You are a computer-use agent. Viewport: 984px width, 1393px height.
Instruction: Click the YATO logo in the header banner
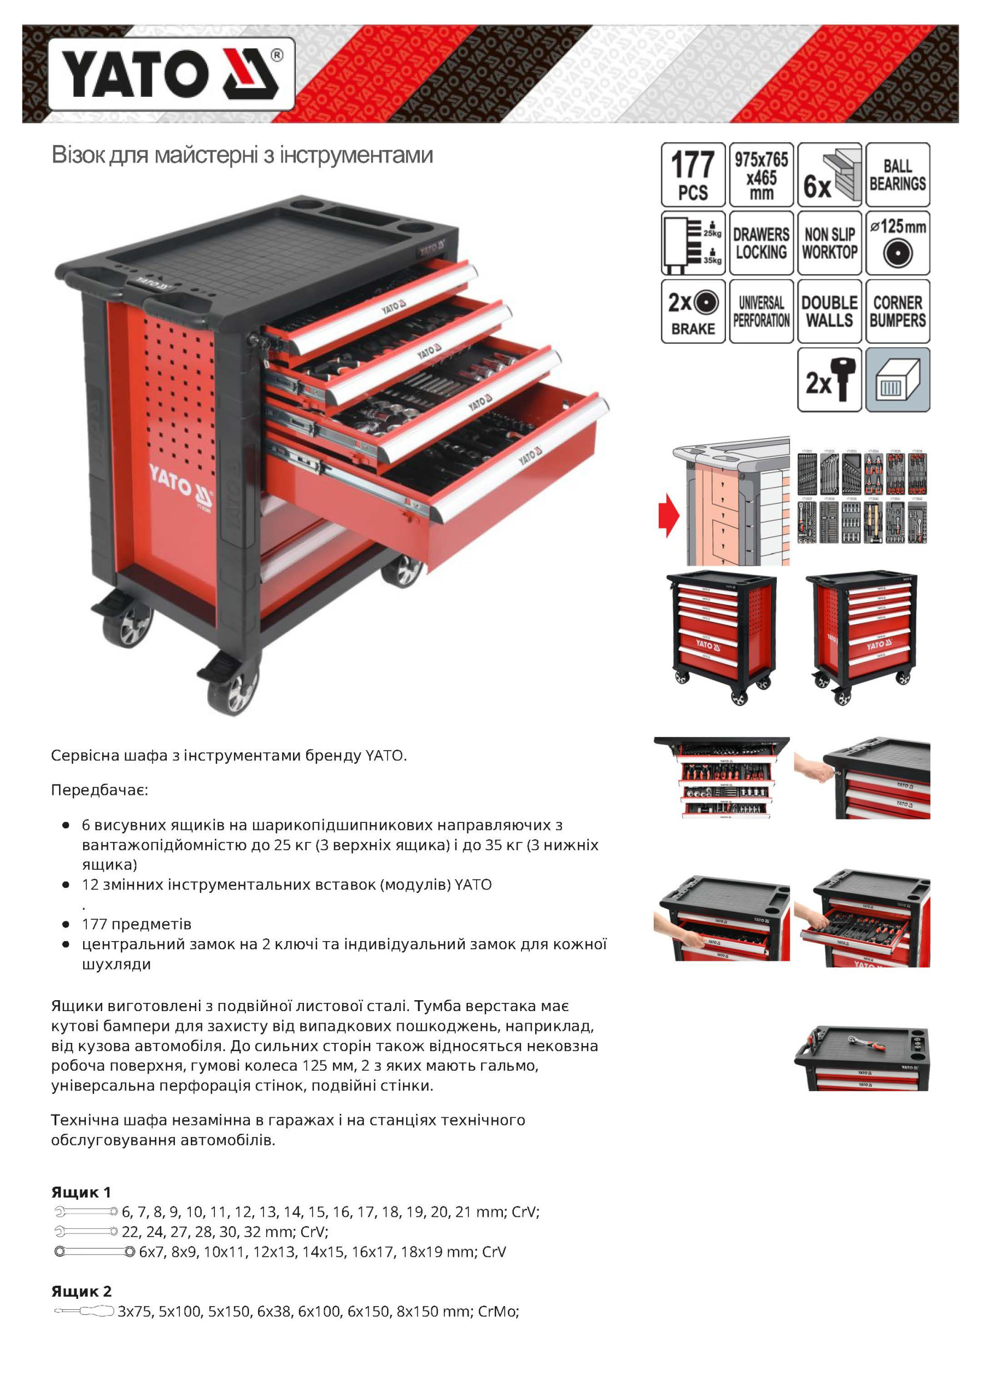[x=172, y=74]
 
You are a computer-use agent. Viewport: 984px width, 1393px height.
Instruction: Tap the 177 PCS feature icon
[x=693, y=175]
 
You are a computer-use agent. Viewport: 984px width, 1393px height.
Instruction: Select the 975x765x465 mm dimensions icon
[x=761, y=175]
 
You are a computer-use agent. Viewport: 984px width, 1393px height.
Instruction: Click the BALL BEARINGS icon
[x=897, y=175]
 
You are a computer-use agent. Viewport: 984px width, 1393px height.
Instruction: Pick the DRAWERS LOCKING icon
[x=761, y=243]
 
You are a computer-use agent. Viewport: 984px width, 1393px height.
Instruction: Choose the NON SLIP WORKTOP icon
[x=829, y=243]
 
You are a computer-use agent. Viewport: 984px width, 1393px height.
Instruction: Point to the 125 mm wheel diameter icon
[x=897, y=243]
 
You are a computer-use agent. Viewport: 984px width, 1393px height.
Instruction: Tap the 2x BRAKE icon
[x=693, y=311]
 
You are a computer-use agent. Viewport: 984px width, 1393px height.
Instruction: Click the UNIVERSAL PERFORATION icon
[x=761, y=311]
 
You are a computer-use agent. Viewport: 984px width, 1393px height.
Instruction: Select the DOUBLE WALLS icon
[x=829, y=311]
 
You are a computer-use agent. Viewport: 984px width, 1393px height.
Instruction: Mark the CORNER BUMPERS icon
[x=897, y=311]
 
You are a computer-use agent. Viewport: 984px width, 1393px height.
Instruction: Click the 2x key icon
[x=829, y=380]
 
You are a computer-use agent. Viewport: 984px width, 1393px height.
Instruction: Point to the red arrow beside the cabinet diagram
[x=669, y=515]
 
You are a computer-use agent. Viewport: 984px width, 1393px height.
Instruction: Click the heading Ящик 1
[x=81, y=1192]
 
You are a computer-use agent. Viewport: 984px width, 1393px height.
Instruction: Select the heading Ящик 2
[x=81, y=1291]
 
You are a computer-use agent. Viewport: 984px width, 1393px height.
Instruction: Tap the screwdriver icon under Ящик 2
[x=84, y=1311]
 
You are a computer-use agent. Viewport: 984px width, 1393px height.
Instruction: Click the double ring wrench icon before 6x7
[x=95, y=1252]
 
